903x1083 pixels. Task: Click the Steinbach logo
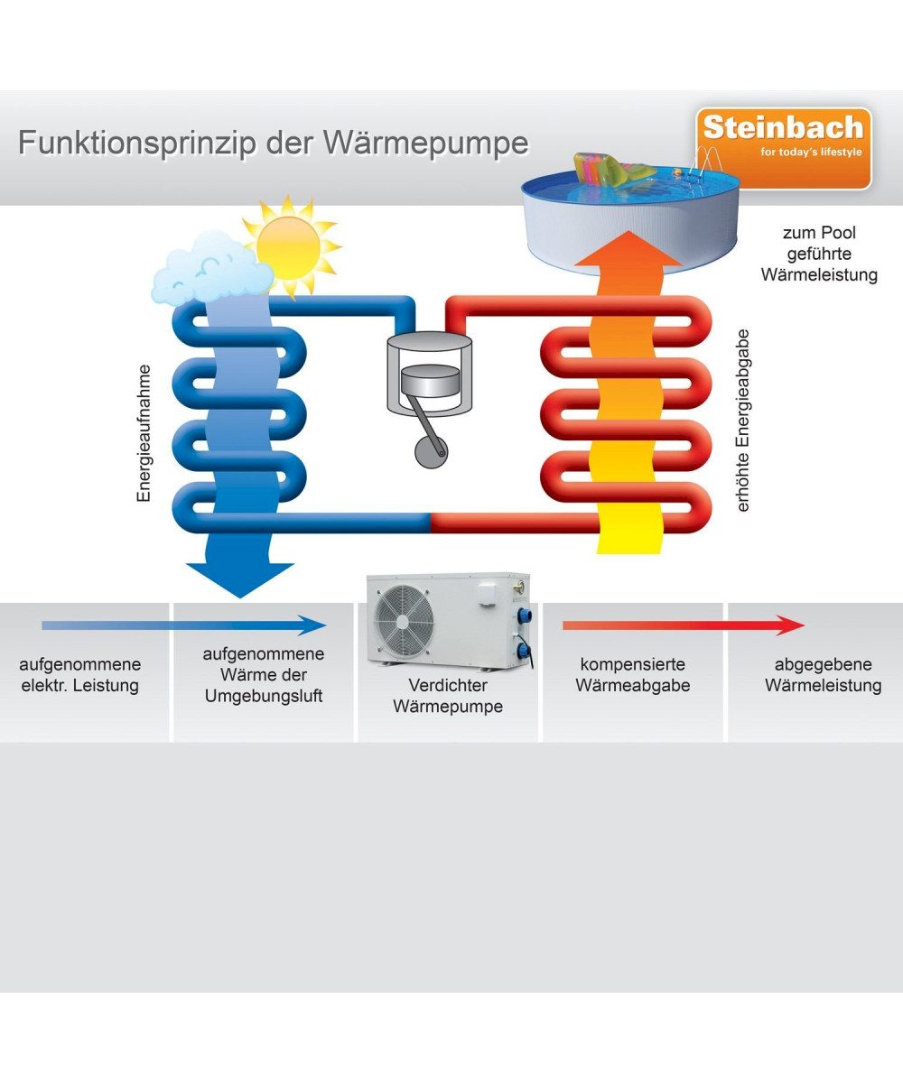coord(783,148)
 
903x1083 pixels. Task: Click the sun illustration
coord(288,245)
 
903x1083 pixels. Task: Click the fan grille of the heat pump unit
coord(404,622)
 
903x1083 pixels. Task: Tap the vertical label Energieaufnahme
coord(144,433)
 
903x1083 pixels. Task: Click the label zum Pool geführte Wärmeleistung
coord(819,255)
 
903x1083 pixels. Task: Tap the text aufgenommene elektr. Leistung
coord(80,675)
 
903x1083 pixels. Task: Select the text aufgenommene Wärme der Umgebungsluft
coord(264,675)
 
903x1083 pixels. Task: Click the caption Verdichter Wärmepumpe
coord(448,696)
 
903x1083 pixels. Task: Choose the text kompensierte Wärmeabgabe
coord(632,675)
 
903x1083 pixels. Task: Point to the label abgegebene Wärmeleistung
coord(823,675)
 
